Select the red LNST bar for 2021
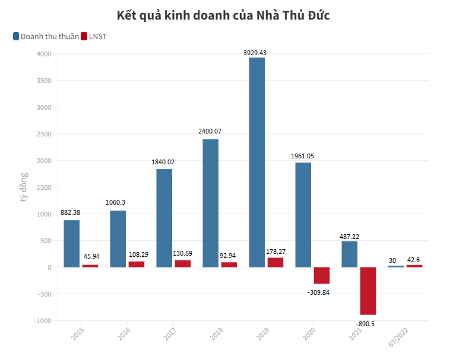click(368, 291)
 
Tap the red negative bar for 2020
click(321, 275)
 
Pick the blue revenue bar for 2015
click(71, 243)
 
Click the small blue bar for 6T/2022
click(395, 266)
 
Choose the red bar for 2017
click(182, 263)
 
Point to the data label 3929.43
click(255, 53)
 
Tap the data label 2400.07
click(210, 131)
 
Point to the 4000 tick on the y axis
click(44, 54)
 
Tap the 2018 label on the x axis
click(217, 333)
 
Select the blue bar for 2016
click(118, 238)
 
